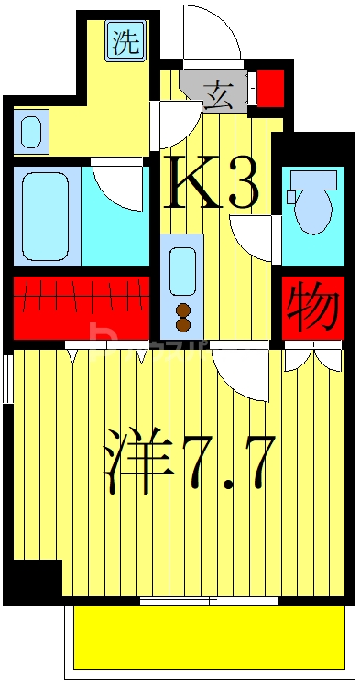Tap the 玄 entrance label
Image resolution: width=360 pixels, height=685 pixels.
click(218, 92)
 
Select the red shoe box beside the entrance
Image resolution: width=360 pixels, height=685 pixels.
click(269, 89)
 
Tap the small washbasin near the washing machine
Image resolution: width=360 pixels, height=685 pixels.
click(31, 131)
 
